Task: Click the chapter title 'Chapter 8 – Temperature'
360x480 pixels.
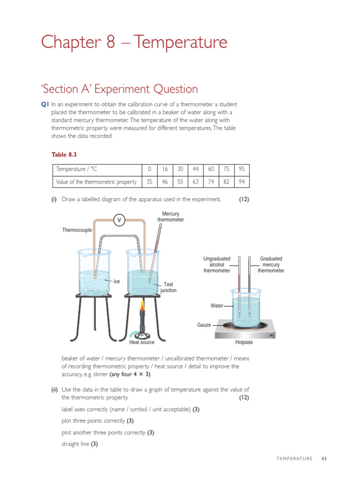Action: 134,43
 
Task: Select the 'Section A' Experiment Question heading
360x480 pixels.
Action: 120,89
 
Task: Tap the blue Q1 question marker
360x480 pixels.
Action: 45,105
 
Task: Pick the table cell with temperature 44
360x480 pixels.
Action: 195,169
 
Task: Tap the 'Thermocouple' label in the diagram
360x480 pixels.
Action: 77,230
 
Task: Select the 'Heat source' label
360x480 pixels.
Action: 142,343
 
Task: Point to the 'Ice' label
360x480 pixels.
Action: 117,281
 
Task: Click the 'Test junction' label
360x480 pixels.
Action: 168,287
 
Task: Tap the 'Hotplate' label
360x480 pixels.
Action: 244,343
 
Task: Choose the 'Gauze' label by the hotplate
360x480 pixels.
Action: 203,325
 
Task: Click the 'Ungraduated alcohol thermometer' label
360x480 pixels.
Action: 217,264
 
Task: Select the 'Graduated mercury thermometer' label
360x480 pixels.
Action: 271,264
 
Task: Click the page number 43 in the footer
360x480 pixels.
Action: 323,458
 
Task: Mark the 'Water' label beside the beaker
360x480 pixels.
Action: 217,306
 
